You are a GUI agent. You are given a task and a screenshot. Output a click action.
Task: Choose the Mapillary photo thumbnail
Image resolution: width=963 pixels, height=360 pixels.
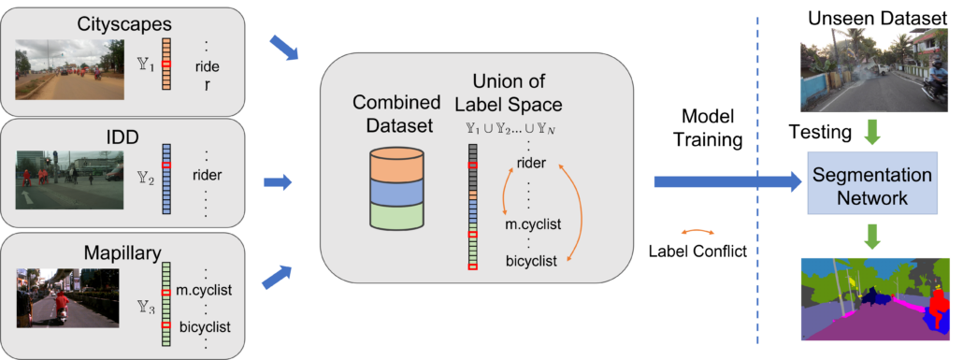(x=67, y=297)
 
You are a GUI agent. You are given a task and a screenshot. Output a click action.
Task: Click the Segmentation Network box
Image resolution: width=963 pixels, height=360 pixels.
(x=872, y=186)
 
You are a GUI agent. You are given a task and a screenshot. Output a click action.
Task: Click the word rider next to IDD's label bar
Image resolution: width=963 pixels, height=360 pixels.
(x=207, y=175)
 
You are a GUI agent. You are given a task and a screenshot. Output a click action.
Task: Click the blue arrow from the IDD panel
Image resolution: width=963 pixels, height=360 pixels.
(x=279, y=180)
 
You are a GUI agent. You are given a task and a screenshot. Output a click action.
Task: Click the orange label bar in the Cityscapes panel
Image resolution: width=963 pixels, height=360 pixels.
(x=167, y=64)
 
